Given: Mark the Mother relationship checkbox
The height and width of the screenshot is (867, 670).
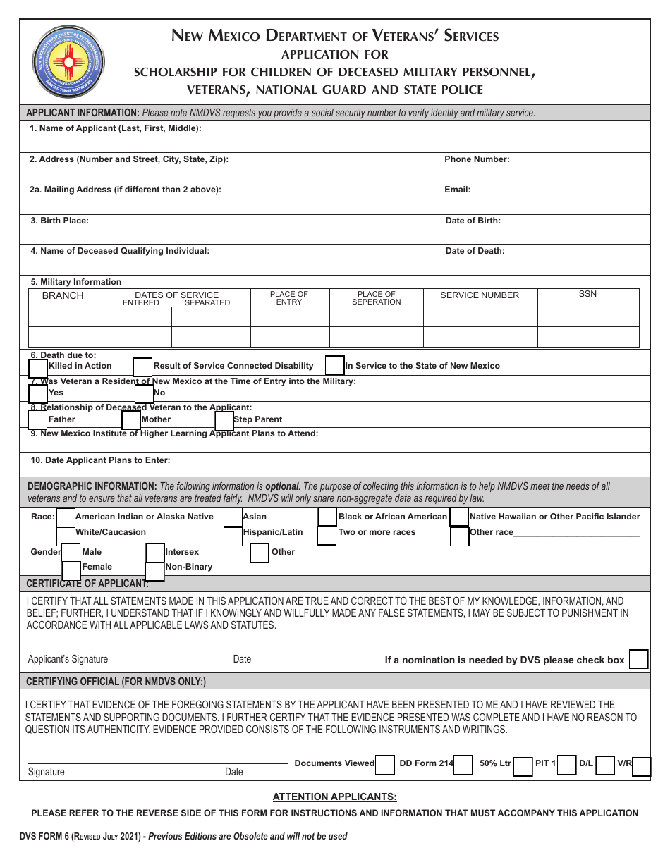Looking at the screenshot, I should (131, 420).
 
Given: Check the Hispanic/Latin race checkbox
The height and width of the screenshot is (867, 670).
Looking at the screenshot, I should (233, 536).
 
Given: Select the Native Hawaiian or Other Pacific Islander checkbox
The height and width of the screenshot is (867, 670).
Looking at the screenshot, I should (460, 517).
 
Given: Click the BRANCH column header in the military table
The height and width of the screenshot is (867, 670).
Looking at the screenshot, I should (63, 295).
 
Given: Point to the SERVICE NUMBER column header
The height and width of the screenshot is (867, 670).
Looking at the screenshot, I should (480, 295).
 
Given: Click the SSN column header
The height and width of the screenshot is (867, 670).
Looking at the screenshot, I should (587, 294).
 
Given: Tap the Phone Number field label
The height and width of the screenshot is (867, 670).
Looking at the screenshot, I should (477, 159).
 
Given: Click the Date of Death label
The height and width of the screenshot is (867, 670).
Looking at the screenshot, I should (475, 251).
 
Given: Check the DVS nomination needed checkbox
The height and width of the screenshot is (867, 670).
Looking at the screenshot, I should (638, 659).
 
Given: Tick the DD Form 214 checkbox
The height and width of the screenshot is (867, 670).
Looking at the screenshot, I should (463, 765).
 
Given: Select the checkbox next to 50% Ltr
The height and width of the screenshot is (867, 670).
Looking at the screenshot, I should (523, 766).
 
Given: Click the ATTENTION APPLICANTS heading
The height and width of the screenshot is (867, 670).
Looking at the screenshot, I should (335, 797).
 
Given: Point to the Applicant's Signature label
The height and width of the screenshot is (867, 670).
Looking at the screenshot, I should (68, 659).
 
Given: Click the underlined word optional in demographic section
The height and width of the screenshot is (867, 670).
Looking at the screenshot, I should (281, 486).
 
